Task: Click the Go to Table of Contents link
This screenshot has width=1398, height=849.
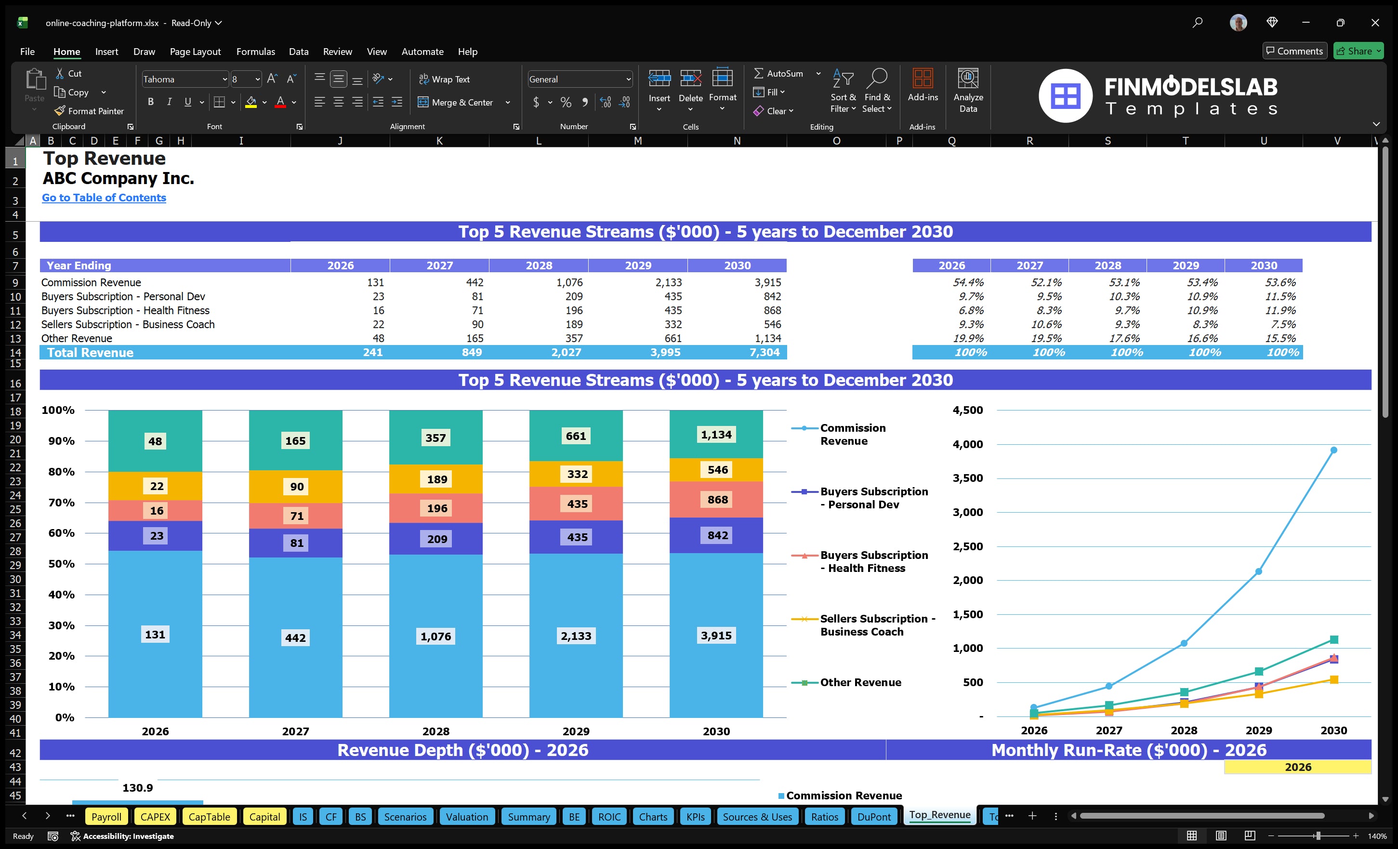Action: click(104, 198)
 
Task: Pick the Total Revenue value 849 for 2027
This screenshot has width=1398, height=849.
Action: click(472, 352)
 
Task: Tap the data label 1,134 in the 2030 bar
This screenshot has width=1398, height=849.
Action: click(716, 435)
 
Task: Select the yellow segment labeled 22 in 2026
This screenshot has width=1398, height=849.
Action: click(157, 486)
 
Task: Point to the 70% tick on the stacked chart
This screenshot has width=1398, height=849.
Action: click(61, 502)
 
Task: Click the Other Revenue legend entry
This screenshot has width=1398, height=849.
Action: click(860, 682)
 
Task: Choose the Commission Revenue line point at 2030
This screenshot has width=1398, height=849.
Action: click(1334, 450)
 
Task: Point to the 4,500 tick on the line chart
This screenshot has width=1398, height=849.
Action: click(967, 410)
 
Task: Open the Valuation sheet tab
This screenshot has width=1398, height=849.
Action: click(466, 817)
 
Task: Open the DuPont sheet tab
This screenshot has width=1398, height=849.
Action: click(874, 817)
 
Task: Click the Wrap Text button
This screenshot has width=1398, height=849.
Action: click(444, 80)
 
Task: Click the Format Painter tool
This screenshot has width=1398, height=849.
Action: click(89, 111)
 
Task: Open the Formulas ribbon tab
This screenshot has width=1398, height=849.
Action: click(255, 52)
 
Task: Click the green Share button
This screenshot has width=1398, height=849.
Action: click(1358, 51)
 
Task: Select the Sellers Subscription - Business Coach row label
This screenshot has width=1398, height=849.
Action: click(128, 325)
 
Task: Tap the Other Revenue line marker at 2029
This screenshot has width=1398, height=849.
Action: click(1259, 671)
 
